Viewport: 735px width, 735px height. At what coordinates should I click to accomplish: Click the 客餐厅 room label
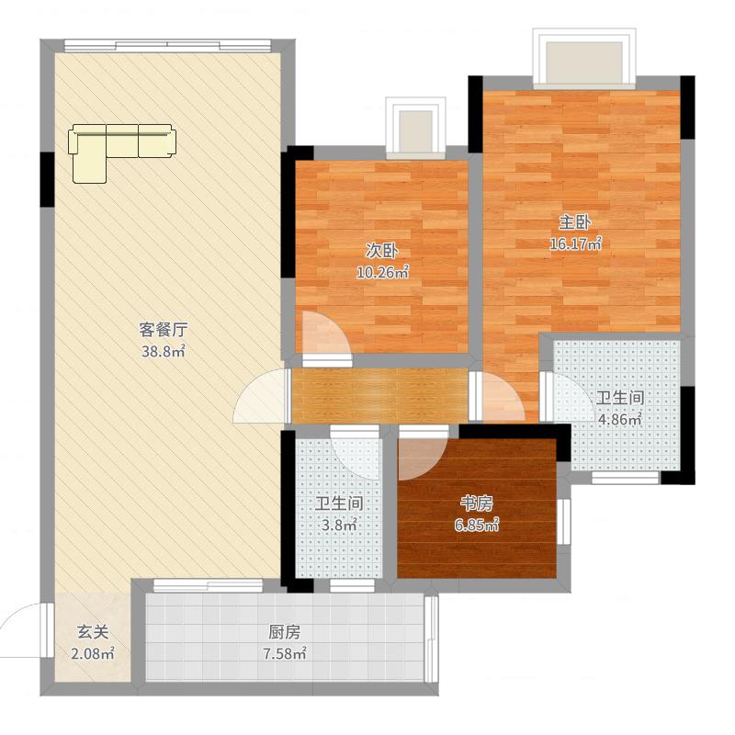coord(164,330)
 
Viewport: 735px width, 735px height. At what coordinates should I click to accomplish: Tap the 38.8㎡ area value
coord(164,351)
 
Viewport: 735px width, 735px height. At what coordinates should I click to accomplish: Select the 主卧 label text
coord(575,222)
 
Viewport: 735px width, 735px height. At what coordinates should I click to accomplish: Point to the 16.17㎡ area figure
coord(575,244)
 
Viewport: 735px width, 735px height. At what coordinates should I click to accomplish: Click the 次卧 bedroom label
coord(382,251)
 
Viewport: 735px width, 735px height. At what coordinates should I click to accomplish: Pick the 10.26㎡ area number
coord(382,272)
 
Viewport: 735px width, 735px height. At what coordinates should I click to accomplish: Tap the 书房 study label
coord(476,503)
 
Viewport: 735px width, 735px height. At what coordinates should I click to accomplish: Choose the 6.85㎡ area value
coord(476,526)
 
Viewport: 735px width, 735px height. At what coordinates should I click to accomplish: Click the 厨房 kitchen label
coord(285,632)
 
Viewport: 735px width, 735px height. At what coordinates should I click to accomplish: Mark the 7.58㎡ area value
coord(285,653)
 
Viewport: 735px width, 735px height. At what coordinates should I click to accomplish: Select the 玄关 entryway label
coord(93,632)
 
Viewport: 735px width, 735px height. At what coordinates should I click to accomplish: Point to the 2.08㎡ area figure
coord(93,653)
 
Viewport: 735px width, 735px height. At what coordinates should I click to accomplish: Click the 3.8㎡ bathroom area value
coord(339,525)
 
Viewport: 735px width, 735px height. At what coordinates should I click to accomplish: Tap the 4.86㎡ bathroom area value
coord(619,419)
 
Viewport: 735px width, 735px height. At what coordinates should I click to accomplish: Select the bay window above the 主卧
coord(583,59)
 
